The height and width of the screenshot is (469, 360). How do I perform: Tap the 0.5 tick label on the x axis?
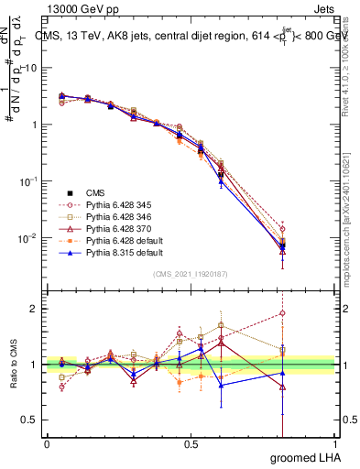[191, 443]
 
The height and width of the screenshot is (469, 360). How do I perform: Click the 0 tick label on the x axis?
[48, 443]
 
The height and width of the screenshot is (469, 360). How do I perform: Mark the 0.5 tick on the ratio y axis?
[33, 420]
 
